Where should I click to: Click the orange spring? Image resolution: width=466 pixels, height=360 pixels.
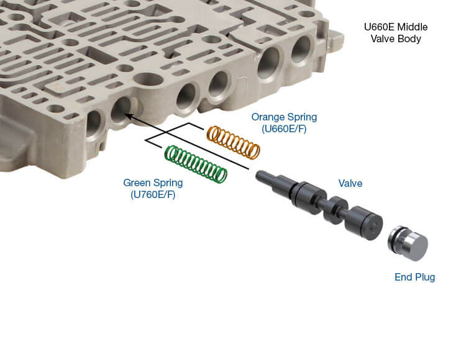233,142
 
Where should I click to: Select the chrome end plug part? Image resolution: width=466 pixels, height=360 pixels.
408,243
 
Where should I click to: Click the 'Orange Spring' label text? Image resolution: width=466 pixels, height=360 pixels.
284,117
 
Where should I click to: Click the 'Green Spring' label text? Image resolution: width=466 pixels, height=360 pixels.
153,183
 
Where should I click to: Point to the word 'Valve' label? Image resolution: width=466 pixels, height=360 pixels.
351,183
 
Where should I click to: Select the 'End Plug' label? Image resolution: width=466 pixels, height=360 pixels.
414,277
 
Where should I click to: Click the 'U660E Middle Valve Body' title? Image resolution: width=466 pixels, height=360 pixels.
396,33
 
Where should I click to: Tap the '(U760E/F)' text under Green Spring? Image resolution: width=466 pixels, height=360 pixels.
153,196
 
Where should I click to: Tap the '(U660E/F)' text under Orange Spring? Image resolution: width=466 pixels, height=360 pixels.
284,129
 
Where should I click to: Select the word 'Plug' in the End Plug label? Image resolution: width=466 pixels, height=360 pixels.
425,277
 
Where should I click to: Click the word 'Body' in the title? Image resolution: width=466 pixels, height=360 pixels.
413,39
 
